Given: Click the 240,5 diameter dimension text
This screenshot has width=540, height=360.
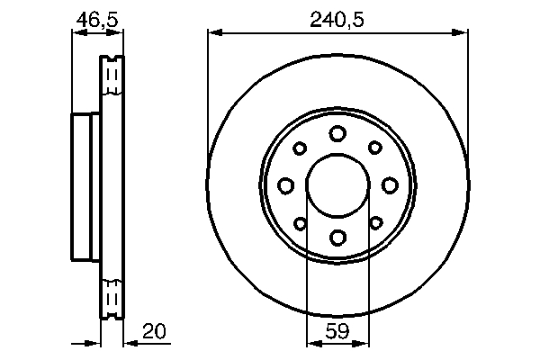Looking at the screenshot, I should [337, 17].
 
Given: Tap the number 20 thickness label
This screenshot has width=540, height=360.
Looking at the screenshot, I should [154, 333].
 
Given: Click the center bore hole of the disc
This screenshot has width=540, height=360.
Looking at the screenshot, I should [337, 185].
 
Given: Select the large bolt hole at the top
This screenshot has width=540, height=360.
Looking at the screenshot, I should [337, 134].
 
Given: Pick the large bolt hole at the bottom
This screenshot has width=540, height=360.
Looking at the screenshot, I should [337, 238].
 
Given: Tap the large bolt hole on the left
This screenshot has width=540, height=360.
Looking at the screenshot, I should [285, 185].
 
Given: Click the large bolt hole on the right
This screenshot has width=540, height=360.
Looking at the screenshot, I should [390, 185].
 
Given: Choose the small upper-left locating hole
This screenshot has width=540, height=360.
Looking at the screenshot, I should [301, 148].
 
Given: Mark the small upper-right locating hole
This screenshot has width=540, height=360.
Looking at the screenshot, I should [374, 148].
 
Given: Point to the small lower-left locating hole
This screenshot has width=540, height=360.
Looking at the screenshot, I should [301, 223].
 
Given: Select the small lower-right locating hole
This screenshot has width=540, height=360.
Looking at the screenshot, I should [374, 223].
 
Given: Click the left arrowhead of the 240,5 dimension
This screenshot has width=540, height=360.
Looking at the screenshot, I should [213, 34].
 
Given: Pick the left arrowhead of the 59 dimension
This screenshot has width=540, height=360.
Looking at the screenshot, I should [312, 342].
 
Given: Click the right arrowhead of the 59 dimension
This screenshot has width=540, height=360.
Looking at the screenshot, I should [363, 342].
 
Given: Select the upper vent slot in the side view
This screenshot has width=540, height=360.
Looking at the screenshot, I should [112, 76].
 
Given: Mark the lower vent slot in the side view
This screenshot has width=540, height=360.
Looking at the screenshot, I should [112, 296].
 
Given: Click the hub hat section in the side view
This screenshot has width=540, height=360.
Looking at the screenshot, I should [85, 185].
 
